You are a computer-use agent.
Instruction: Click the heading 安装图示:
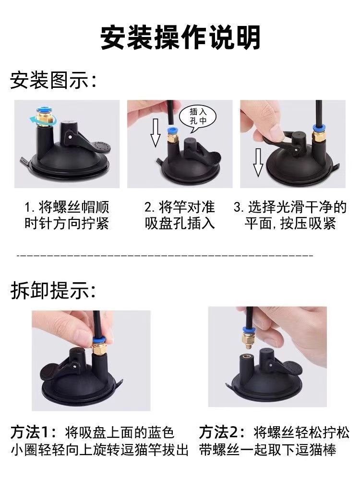tap(53, 80)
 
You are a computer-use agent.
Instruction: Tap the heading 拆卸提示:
tap(53, 290)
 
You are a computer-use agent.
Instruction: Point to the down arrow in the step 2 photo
tap(156, 132)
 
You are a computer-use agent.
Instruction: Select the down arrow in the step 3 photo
tap(258, 162)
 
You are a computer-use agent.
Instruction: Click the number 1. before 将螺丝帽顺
tap(29, 207)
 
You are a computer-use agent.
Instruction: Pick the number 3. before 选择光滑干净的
tap(239, 207)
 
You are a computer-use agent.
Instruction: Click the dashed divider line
tap(165, 255)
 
